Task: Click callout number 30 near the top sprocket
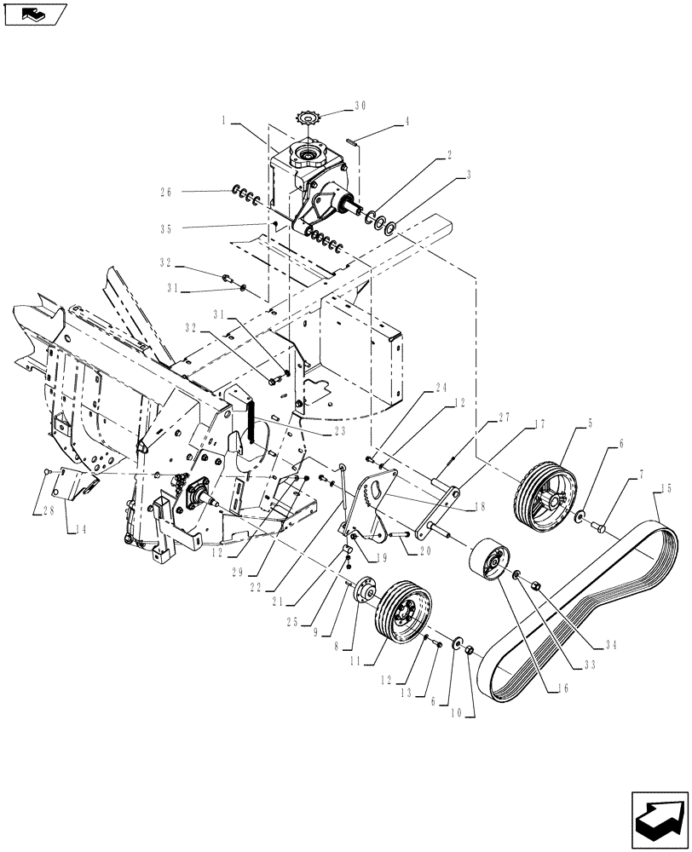click(x=360, y=106)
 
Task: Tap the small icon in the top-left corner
click(x=35, y=14)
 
